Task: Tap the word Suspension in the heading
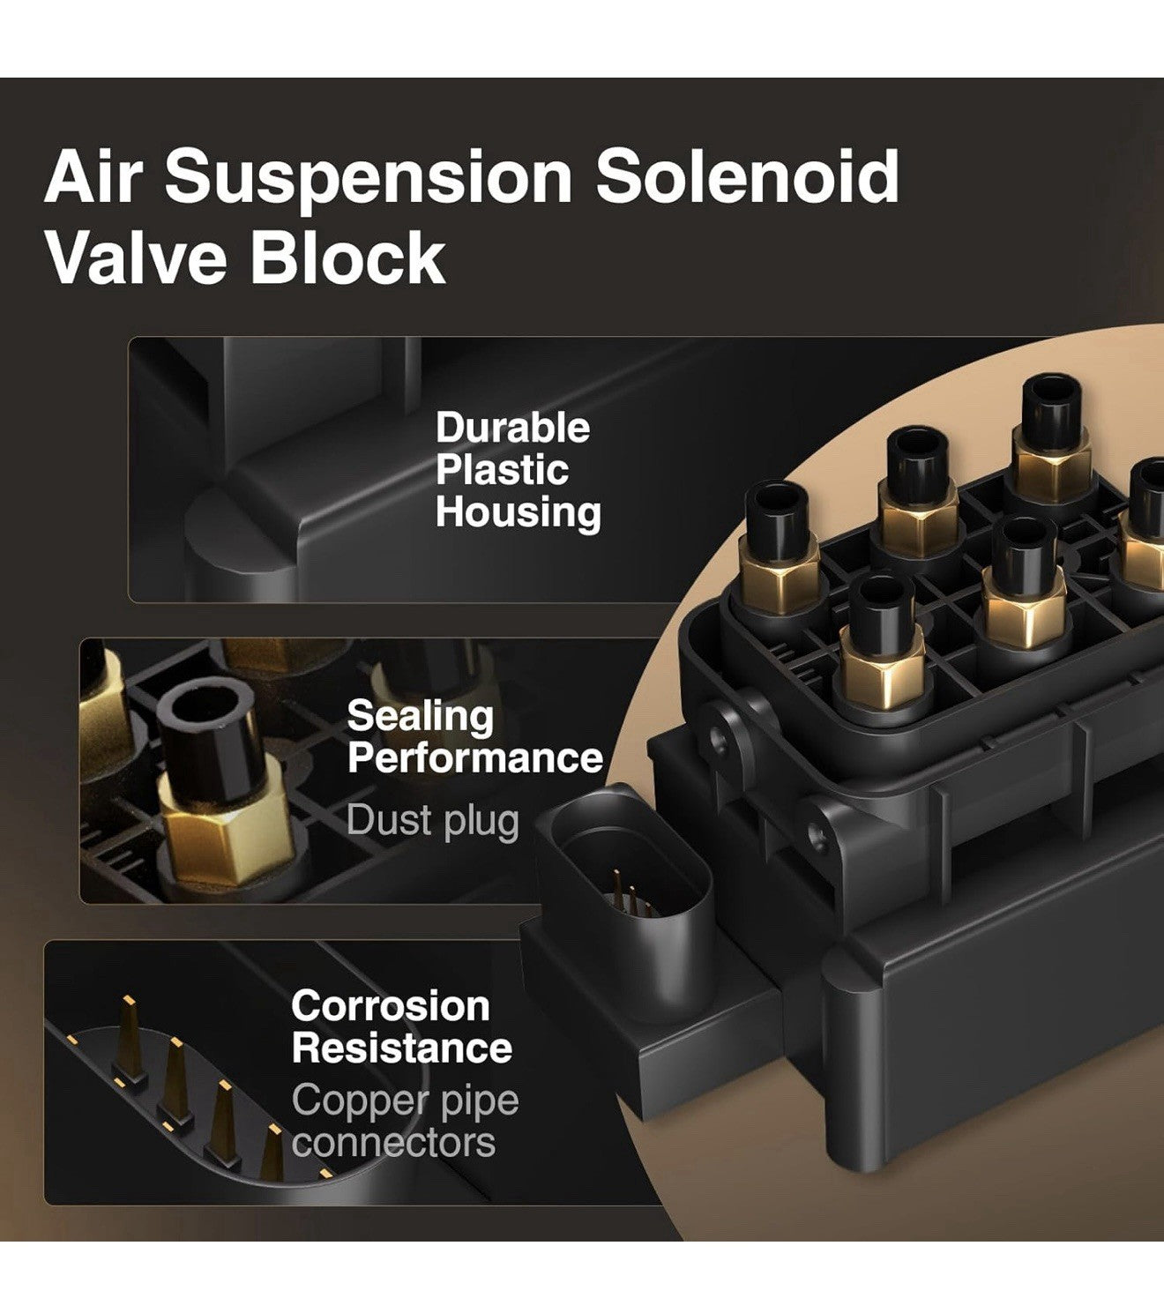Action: tap(369, 178)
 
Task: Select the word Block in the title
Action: tap(348, 257)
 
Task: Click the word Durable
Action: tap(512, 428)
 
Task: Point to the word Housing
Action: tap(519, 512)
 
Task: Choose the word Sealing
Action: tap(420, 718)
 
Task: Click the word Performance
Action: tap(474, 758)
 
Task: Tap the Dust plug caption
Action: tap(432, 821)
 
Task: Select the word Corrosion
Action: tap(390, 1006)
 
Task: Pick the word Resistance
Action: tap(401, 1048)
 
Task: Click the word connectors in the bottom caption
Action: tap(393, 1143)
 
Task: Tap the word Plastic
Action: tap(502, 470)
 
